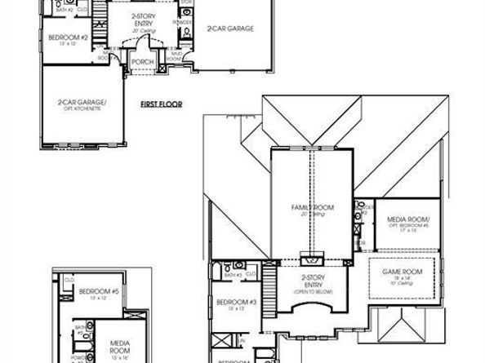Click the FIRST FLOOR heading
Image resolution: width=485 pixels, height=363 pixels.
point(160,104)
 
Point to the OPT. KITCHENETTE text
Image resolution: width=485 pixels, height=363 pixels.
point(78,108)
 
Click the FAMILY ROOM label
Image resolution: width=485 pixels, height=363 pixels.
point(311,208)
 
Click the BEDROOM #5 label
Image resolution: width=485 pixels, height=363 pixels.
point(105,291)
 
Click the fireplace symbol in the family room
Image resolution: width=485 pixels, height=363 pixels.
point(310,260)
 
